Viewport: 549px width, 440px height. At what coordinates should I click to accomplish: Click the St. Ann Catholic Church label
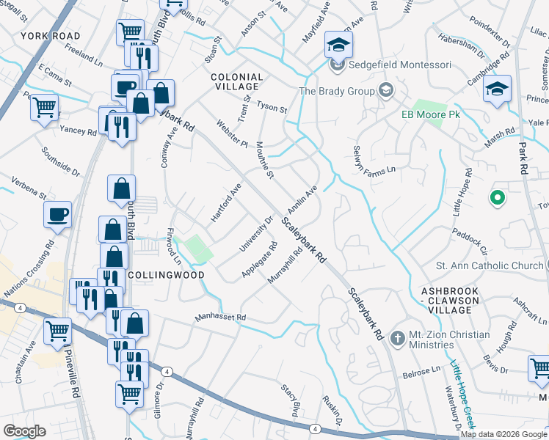click(490, 265)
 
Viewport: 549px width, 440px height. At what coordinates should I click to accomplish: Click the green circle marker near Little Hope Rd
click(497, 197)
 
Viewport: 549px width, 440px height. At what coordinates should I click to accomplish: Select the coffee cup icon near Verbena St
click(57, 213)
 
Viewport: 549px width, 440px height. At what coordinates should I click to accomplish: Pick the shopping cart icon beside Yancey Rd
click(45, 106)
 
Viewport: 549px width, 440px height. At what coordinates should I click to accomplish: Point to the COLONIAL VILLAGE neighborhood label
click(236, 81)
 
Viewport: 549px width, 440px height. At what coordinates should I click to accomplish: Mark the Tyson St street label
click(272, 107)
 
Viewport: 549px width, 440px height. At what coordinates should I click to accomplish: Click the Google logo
click(24, 431)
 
